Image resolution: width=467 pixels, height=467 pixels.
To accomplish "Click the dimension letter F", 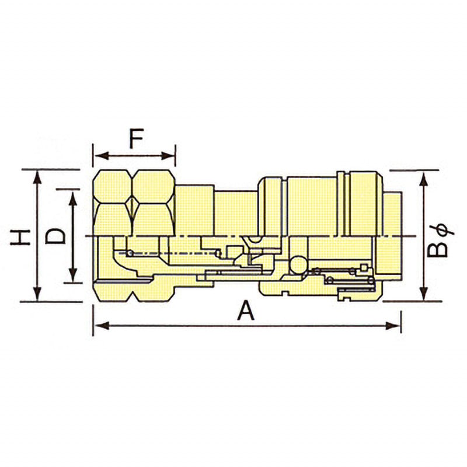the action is pyautogui.click(x=137, y=138).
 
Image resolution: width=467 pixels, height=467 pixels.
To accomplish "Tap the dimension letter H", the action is pyautogui.click(x=20, y=237).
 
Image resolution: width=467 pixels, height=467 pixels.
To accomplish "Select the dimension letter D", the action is pyautogui.click(x=55, y=236).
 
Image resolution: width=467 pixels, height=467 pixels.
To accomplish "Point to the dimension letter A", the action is pyautogui.click(x=246, y=310).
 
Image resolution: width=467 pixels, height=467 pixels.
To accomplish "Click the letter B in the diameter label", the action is pyautogui.click(x=437, y=249).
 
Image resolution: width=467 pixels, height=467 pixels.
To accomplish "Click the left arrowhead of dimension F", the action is pyautogui.click(x=101, y=155).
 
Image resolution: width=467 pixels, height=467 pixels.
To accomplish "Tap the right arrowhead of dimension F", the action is pyautogui.click(x=168, y=155).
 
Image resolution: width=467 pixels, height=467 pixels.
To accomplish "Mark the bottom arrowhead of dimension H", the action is pyautogui.click(x=37, y=294).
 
